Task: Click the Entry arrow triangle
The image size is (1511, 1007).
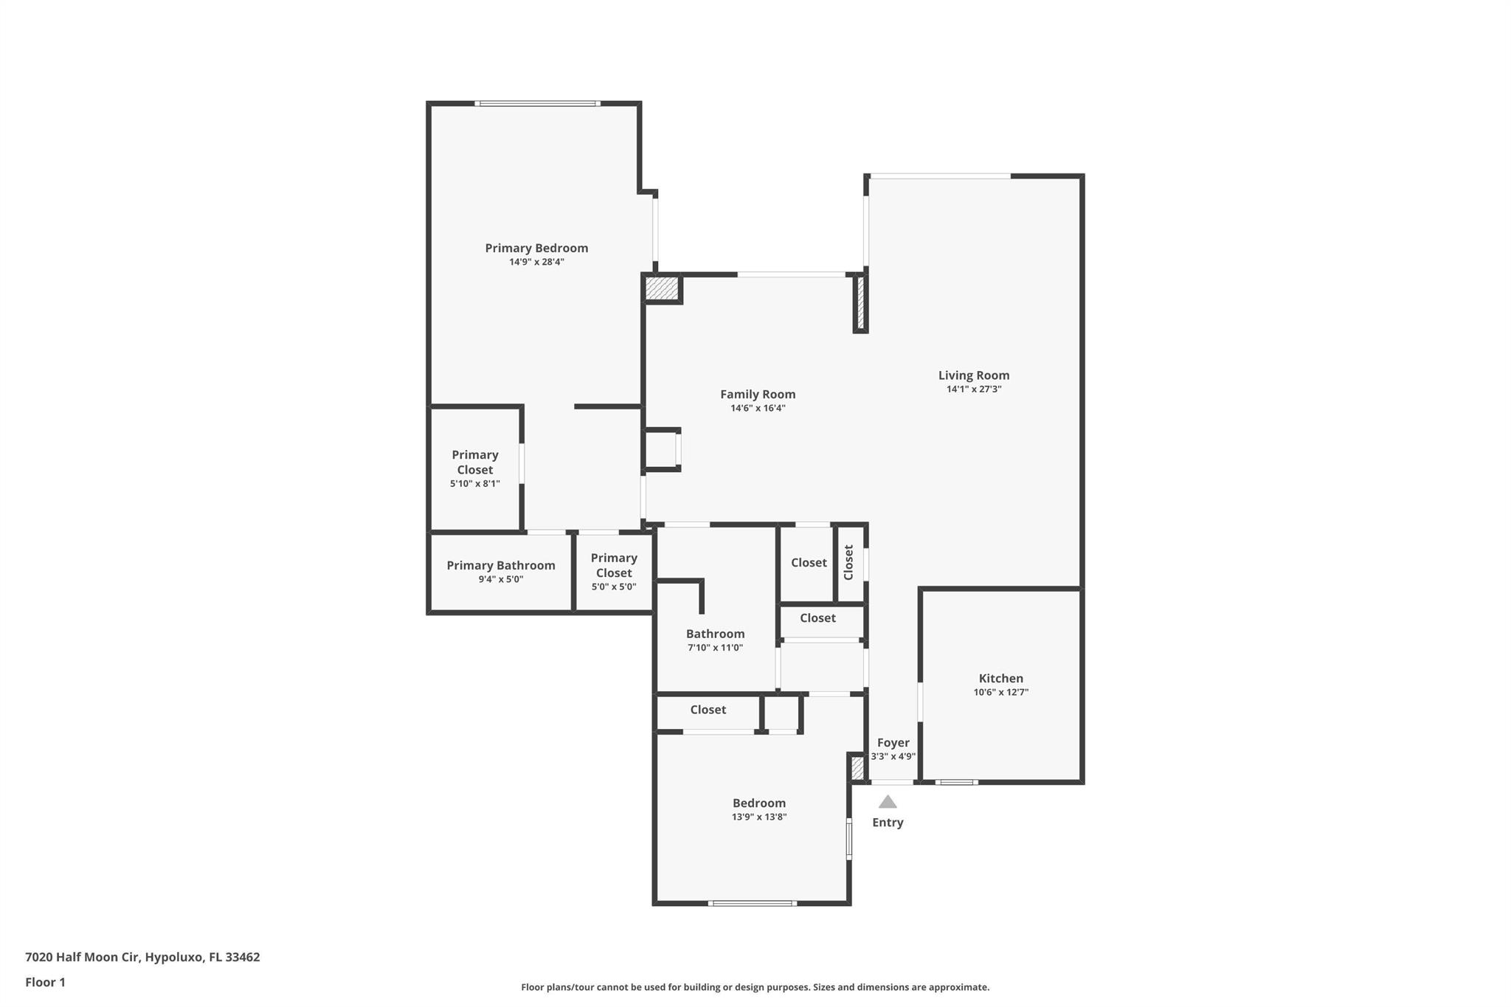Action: coord(888,802)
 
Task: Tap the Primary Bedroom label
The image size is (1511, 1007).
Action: coord(536,248)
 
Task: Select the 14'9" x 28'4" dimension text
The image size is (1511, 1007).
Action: coord(536,262)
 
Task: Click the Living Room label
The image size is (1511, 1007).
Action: coord(974,376)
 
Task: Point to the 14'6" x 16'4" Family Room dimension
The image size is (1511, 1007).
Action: coord(758,408)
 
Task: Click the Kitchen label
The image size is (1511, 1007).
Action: coord(1000,679)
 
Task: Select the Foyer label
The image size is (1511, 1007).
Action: coord(893,743)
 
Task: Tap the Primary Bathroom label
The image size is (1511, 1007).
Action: coord(500,566)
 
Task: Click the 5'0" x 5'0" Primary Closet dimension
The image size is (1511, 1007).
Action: coord(613,587)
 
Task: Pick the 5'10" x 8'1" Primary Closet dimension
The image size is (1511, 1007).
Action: coord(475,484)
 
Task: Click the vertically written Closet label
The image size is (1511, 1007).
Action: coord(848,562)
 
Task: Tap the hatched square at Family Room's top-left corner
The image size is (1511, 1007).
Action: coord(662,288)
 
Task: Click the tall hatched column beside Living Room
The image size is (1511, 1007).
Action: coord(860,303)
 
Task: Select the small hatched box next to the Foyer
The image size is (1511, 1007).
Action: coord(857,769)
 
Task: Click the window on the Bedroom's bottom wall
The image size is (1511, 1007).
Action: coord(752,903)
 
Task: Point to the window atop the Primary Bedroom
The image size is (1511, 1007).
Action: coord(537,104)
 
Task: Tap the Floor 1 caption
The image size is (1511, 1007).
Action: coord(45,983)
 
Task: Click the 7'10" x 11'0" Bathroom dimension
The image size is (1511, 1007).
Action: coord(715,648)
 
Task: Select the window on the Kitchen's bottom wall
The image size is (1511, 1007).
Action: coord(956,782)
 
